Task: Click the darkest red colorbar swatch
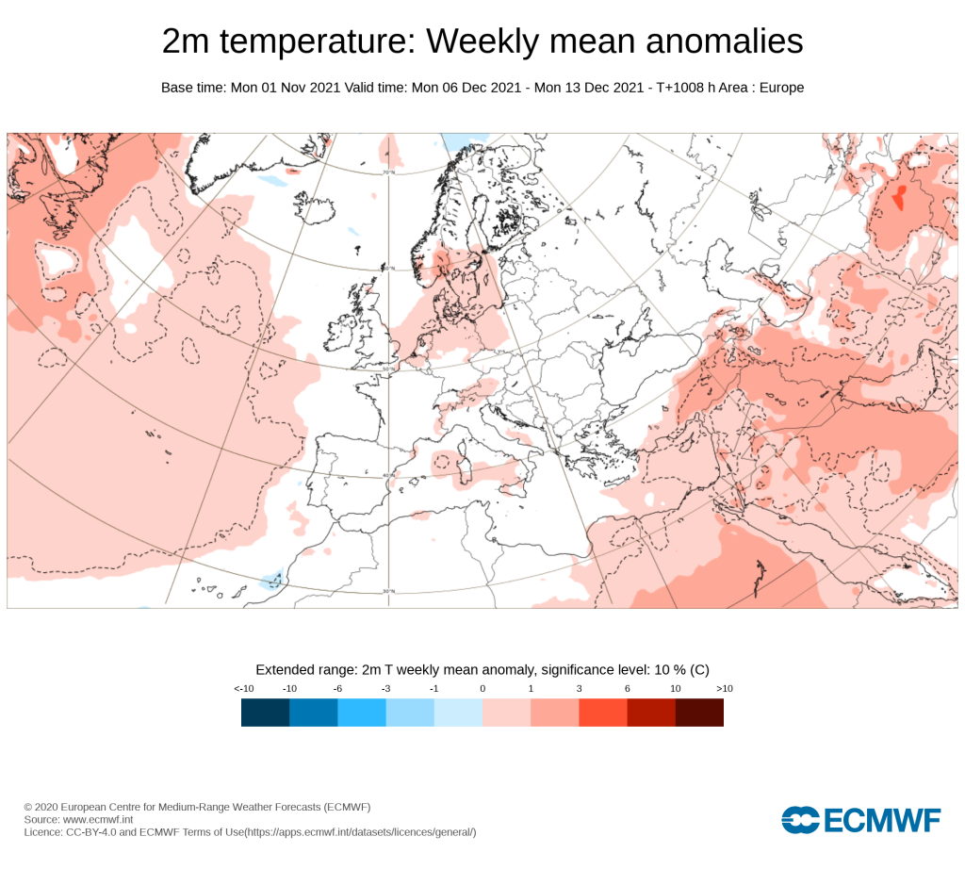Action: [x=699, y=713]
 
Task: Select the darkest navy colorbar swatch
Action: [x=265, y=713]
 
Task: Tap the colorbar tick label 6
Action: [x=627, y=689]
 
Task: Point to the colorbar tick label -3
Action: [x=385, y=689]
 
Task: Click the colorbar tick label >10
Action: [x=725, y=689]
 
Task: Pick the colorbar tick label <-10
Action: [x=244, y=689]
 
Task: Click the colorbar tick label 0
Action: [x=482, y=689]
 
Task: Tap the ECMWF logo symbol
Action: [x=800, y=820]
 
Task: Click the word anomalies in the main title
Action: [x=725, y=41]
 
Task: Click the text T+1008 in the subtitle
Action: [x=679, y=88]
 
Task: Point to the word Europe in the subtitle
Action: [x=781, y=88]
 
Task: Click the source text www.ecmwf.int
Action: [x=98, y=819]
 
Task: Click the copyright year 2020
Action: [x=45, y=807]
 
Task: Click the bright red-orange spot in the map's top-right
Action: [x=900, y=197]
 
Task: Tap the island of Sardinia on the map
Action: [x=466, y=468]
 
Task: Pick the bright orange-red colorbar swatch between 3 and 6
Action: [x=603, y=713]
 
